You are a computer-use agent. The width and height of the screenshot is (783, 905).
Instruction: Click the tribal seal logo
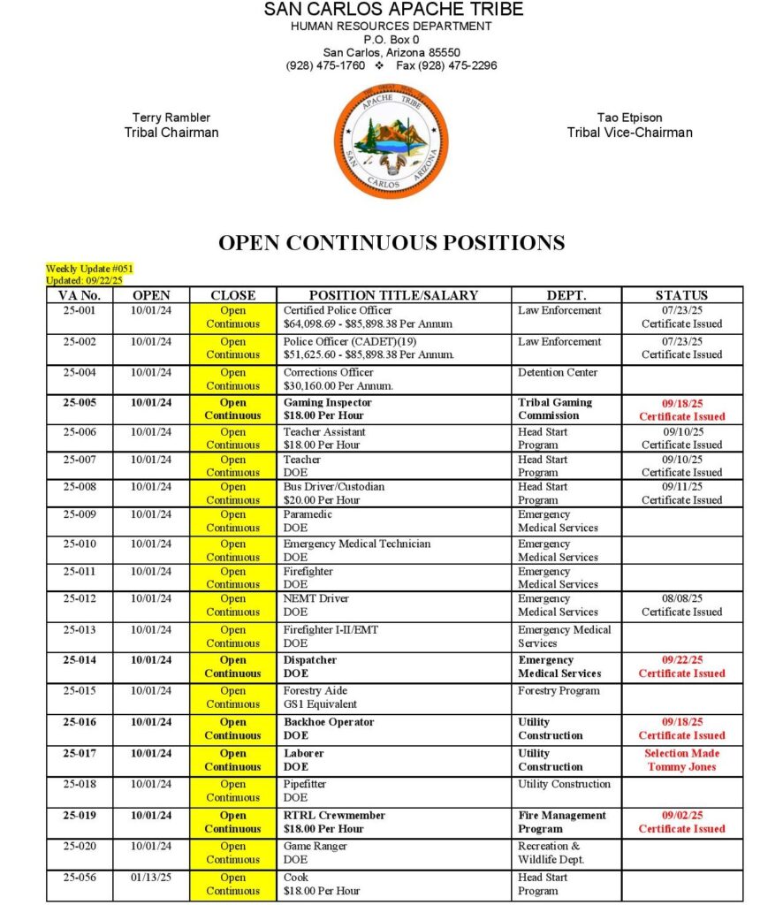point(391,141)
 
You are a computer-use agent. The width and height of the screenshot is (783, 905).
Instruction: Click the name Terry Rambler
point(171,118)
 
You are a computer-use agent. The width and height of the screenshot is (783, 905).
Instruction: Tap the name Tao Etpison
point(629,118)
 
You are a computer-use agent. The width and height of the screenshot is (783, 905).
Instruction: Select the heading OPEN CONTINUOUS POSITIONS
point(391,243)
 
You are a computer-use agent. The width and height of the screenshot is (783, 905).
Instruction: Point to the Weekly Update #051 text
point(89,268)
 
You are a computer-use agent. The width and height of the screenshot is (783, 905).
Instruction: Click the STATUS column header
point(681,295)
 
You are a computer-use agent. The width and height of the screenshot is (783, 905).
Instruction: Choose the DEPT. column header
point(566,295)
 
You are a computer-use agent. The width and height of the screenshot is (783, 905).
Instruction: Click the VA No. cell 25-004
point(80,373)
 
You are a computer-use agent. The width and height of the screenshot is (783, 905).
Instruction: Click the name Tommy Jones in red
point(682,767)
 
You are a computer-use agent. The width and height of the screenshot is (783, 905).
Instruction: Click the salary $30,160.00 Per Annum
point(338,386)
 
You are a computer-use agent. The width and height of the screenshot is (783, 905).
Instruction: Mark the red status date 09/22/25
point(681,660)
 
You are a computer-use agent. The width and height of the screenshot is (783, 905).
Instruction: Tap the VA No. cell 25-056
point(80,878)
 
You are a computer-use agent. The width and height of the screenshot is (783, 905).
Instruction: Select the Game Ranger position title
point(315,847)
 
